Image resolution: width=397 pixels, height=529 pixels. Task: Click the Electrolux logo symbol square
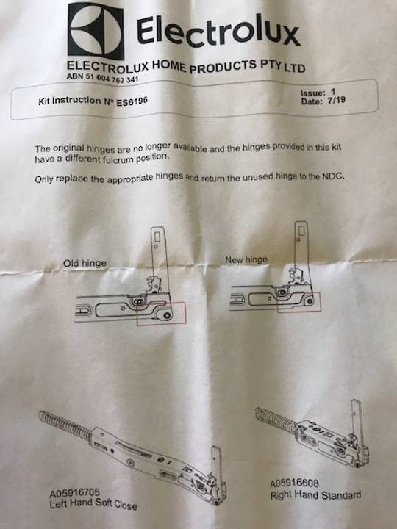(x=96, y=30)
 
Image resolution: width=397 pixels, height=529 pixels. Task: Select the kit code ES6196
(x=132, y=101)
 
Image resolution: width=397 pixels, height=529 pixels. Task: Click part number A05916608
(x=296, y=483)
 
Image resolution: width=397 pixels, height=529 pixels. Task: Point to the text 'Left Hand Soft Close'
(x=93, y=505)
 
